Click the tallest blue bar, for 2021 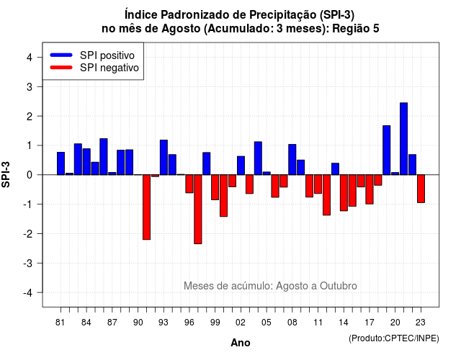(x=403, y=139)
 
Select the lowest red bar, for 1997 (x=198, y=210)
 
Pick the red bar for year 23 (x=421, y=189)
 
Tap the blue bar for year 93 (x=164, y=157)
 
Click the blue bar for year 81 (x=61, y=163)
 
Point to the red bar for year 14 (x=344, y=193)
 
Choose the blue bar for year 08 (x=292, y=160)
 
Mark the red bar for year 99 (x=215, y=187)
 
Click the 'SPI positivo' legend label (x=107, y=55)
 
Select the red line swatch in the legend (x=61, y=68)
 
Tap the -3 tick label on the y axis (x=28, y=263)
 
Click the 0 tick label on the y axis (x=30, y=175)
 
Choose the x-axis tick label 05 (x=267, y=323)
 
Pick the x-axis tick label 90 (x=138, y=323)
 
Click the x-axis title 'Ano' (x=241, y=343)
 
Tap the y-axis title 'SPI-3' (x=6, y=174)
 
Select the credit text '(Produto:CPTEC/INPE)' (x=394, y=338)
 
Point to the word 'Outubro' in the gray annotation (x=339, y=286)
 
